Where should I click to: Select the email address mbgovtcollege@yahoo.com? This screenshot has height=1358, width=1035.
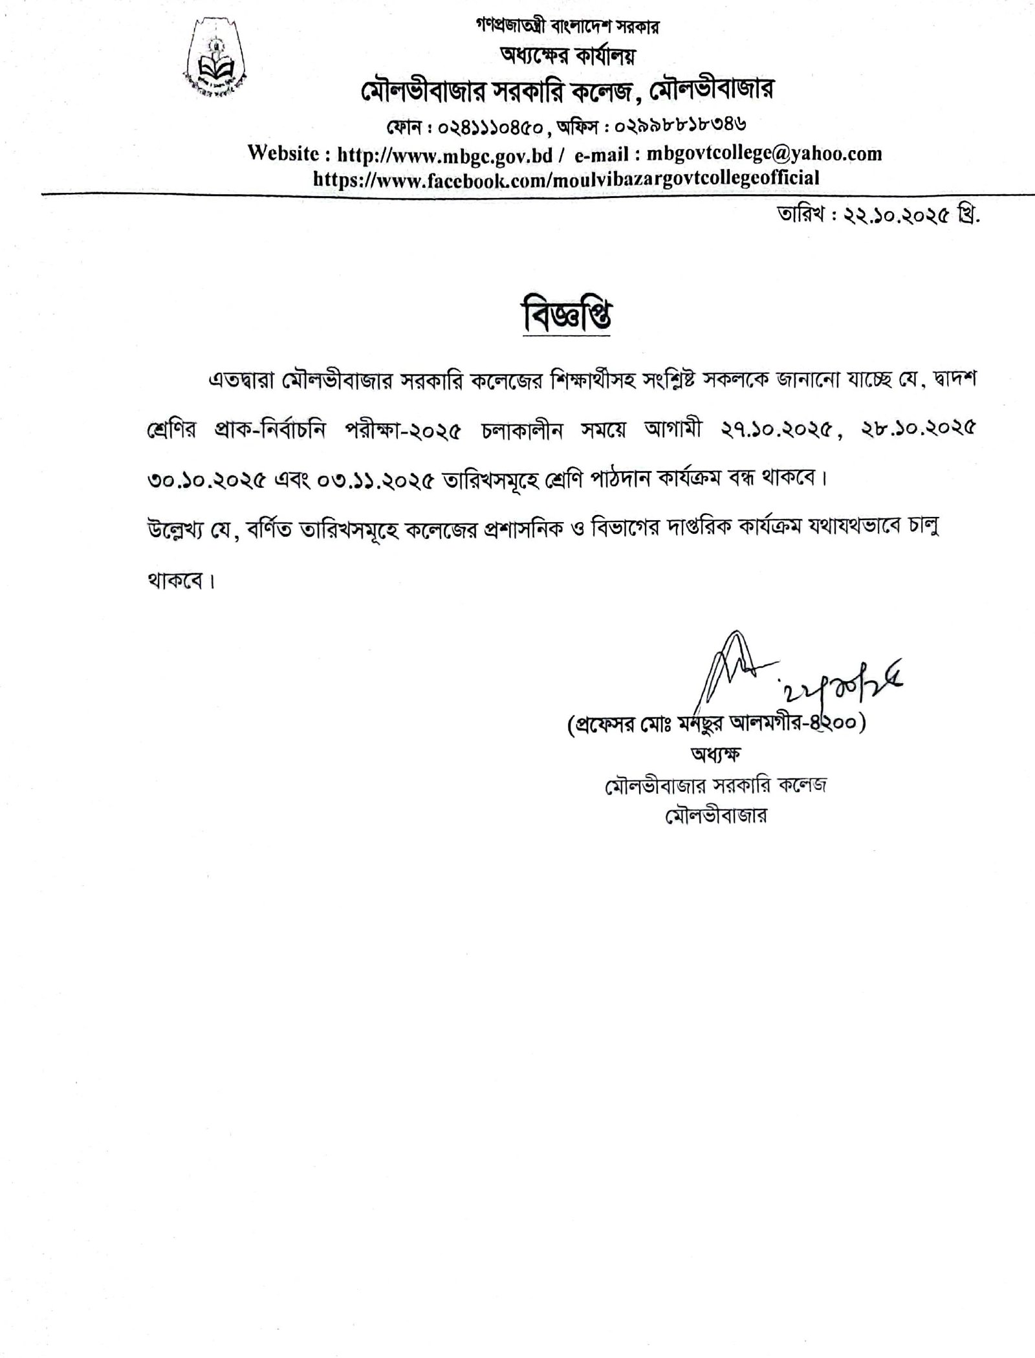click(764, 154)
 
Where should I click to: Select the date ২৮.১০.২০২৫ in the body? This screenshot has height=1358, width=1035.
click(924, 433)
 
